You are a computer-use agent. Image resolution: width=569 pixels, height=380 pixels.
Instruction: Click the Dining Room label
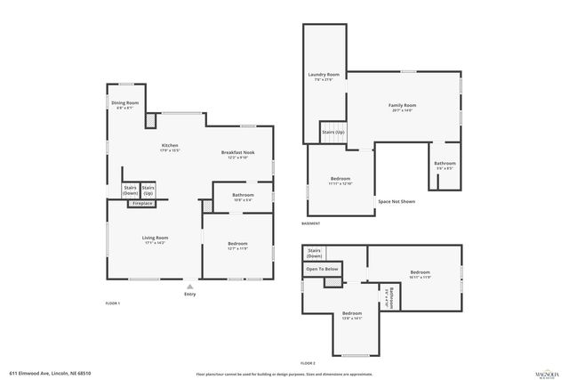[124, 103]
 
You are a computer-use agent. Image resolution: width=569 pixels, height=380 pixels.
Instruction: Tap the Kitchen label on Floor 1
[170, 146]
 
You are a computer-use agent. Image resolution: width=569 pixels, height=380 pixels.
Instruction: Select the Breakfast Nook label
[239, 153]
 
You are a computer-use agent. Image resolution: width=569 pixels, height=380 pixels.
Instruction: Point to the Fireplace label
[143, 204]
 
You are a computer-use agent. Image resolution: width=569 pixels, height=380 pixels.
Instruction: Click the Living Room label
[156, 238]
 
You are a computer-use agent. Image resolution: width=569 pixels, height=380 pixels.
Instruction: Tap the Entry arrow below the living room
[188, 285]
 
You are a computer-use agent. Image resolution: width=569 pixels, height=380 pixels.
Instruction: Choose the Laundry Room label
[324, 75]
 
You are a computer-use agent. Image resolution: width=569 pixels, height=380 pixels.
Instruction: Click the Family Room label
[403, 106]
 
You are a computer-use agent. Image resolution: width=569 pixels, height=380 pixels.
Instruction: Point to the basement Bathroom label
[445, 164]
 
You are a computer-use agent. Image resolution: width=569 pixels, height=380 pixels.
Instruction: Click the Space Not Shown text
[397, 201]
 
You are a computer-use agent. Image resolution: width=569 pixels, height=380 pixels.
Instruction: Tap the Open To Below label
[322, 269]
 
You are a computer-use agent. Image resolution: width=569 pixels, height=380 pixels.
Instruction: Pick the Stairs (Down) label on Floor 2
[315, 254]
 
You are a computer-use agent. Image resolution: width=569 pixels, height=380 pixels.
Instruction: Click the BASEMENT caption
[310, 223]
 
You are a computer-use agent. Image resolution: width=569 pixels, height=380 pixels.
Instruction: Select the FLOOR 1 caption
[112, 303]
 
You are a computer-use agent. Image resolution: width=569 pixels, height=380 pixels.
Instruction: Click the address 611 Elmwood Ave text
[51, 374]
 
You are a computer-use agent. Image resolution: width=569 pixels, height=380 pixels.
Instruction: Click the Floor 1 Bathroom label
[243, 195]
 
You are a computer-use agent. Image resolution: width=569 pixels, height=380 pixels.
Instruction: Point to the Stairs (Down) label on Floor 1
[130, 190]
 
